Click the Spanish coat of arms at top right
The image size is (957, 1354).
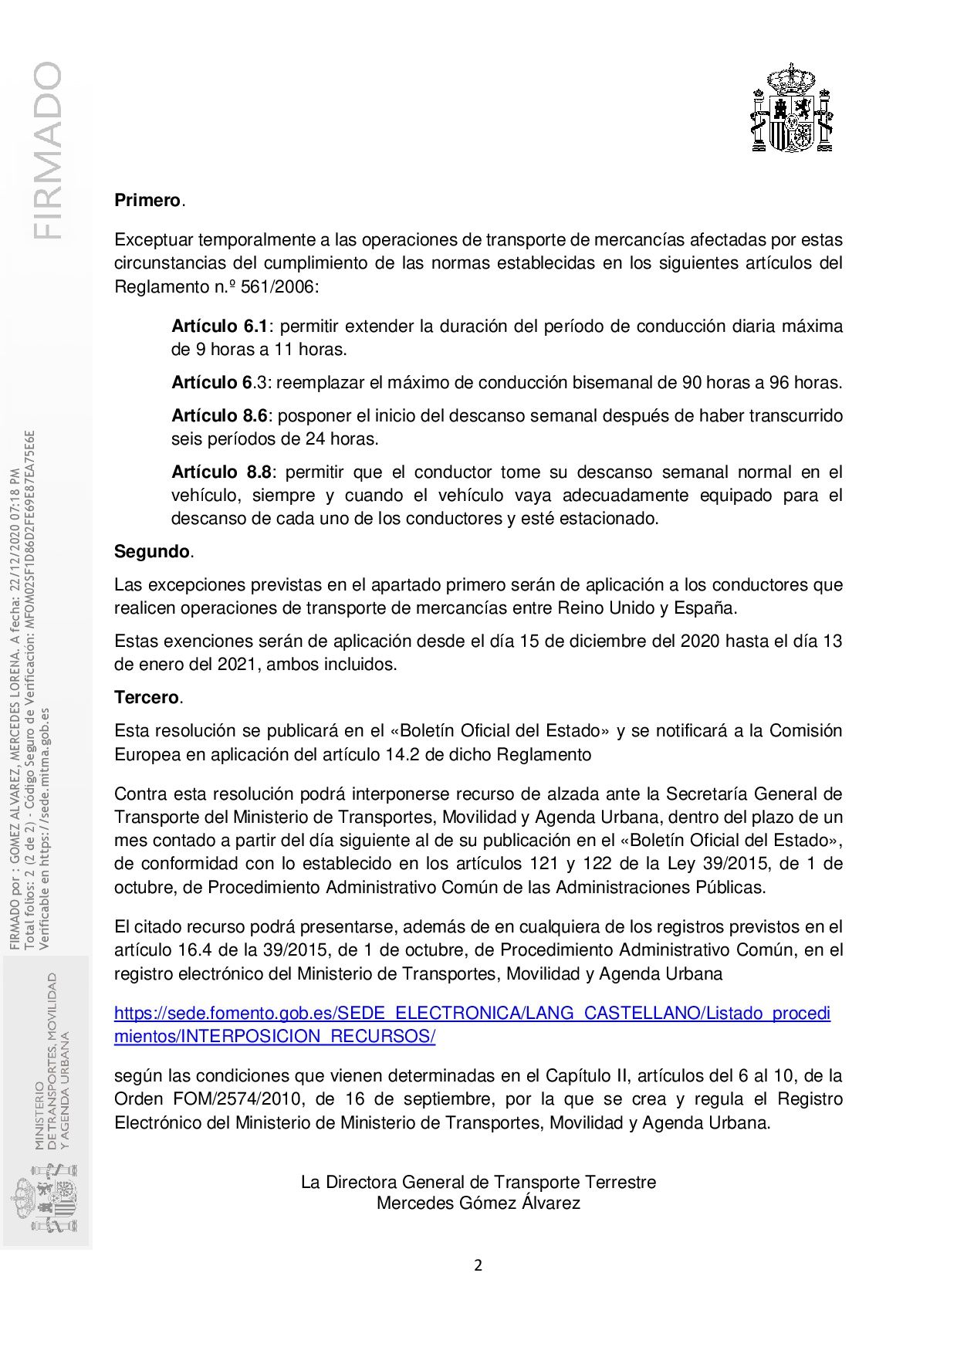pyautogui.click(x=792, y=108)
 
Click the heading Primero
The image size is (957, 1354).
pyautogui.click(x=147, y=201)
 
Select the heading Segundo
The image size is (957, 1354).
pyautogui.click(x=151, y=552)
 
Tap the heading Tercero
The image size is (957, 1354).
pyautogui.click(x=147, y=698)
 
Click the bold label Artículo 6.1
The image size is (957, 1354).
pyautogui.click(x=219, y=327)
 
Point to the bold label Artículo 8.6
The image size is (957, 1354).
pyautogui.click(x=219, y=416)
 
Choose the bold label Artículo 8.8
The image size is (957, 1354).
pyautogui.click(x=219, y=472)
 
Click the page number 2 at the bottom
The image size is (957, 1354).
pyautogui.click(x=478, y=1265)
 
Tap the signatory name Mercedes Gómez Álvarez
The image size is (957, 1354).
pyautogui.click(x=478, y=1203)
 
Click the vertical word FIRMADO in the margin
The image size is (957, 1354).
pyautogui.click(x=46, y=151)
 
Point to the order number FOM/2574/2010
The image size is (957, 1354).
pyautogui.click(x=218, y=1099)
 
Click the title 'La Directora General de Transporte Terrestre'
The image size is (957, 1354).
pyautogui.click(x=478, y=1182)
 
